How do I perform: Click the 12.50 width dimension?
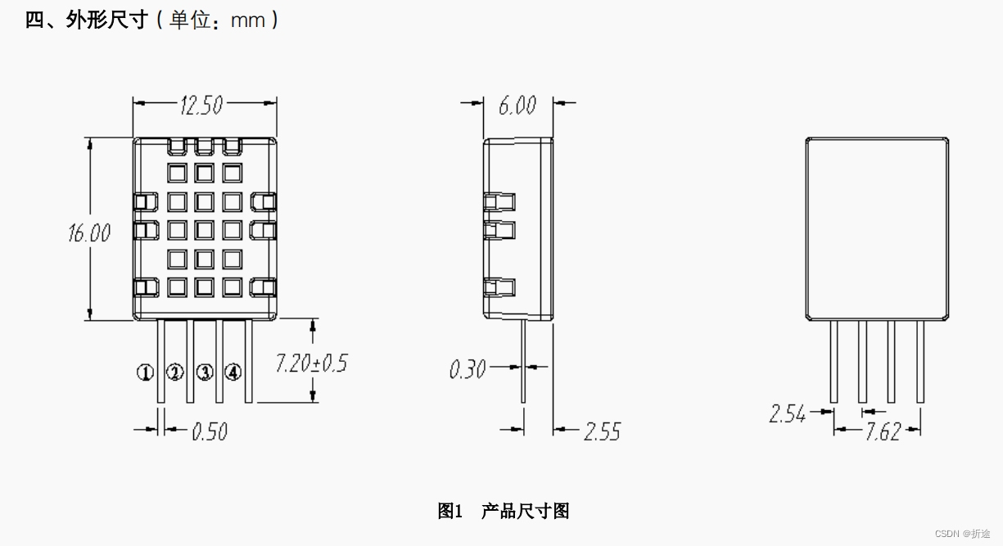(x=201, y=105)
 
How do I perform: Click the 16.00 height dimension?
(x=89, y=232)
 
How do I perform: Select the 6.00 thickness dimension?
(x=517, y=105)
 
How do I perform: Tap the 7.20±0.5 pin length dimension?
(x=310, y=363)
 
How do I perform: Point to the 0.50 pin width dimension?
(x=209, y=431)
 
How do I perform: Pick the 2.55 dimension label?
(x=602, y=431)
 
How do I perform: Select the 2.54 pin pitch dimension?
(x=787, y=414)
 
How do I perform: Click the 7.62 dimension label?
(x=883, y=432)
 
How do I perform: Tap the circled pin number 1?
(x=145, y=373)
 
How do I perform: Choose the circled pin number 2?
(x=175, y=372)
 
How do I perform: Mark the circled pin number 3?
(x=205, y=372)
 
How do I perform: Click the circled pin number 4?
(x=234, y=372)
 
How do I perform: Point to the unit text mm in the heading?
(x=248, y=20)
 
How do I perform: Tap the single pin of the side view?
(x=523, y=360)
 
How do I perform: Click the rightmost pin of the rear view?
(x=920, y=360)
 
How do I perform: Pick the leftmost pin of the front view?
(x=160, y=360)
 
